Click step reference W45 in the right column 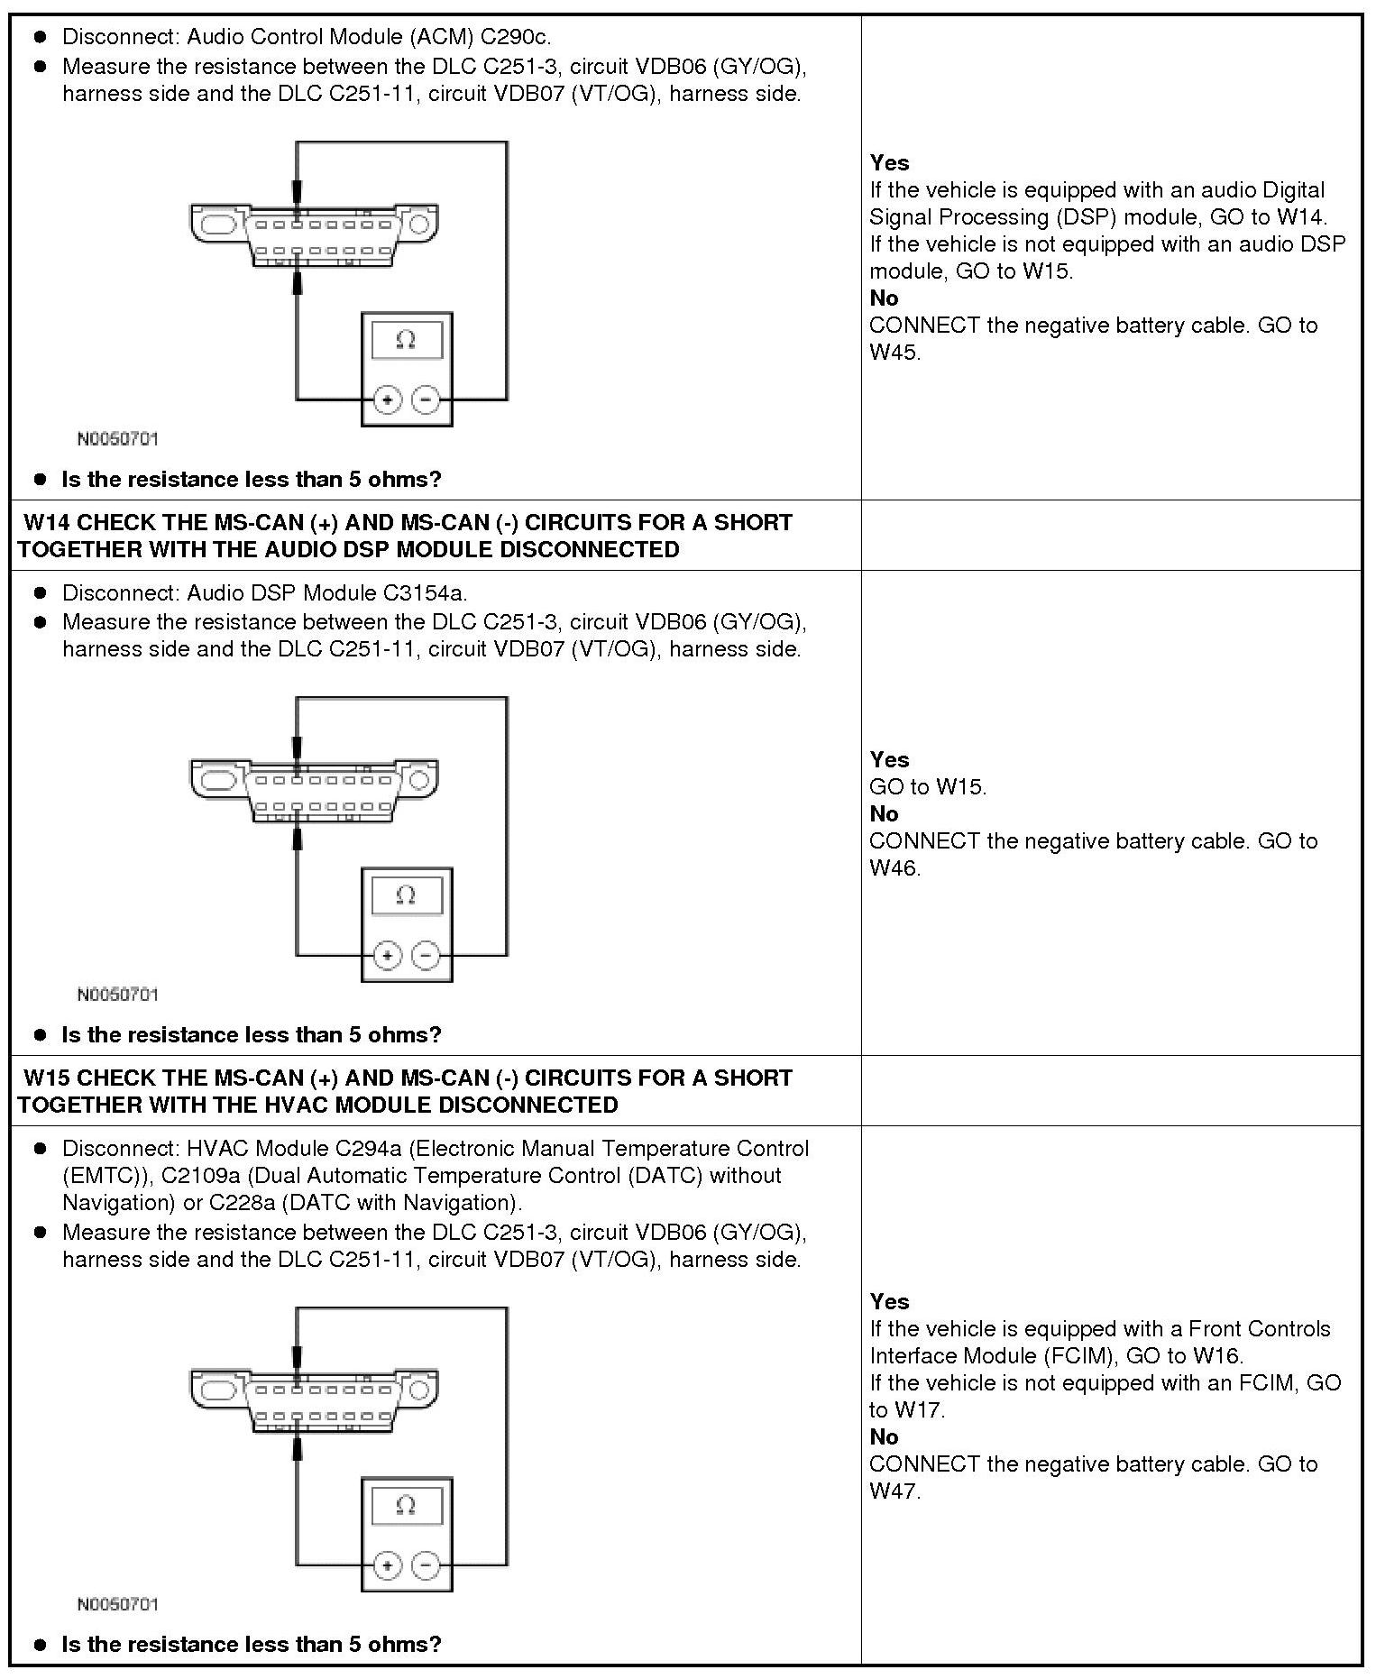pyautogui.click(x=894, y=353)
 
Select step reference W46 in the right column pyautogui.click(x=894, y=868)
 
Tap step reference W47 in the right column pyautogui.click(x=894, y=1491)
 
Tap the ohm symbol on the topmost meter pyautogui.click(x=406, y=340)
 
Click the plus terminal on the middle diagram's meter pyautogui.click(x=387, y=955)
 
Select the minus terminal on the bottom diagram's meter pyautogui.click(x=426, y=1564)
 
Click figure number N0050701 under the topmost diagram pyautogui.click(x=118, y=439)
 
